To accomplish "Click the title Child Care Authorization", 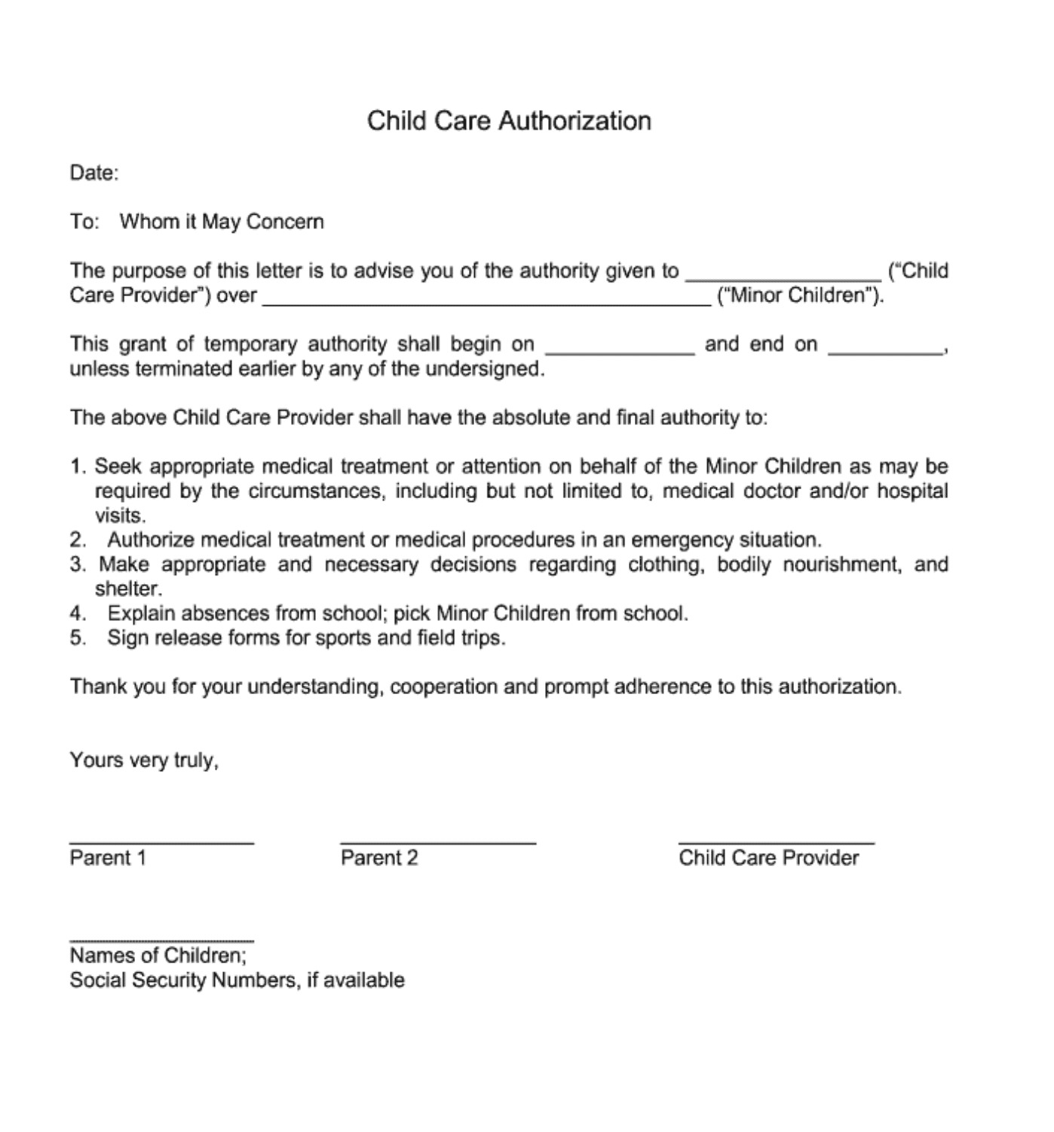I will (x=509, y=121).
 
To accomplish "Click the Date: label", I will (x=94, y=173).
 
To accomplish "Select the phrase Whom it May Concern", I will (x=222, y=222).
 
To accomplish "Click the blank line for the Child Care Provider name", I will (x=783, y=277).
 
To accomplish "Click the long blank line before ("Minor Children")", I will (x=486, y=301).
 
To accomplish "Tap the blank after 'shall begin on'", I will (x=620, y=350).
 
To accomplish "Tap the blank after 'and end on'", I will (x=885, y=350).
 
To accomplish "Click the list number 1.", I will (x=78, y=467).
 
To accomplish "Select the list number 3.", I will (x=78, y=564).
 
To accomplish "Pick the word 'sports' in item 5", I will (x=343, y=638).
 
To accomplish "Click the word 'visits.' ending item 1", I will (x=120, y=516).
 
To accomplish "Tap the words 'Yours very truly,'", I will (x=144, y=760).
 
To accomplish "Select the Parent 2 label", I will (x=379, y=858).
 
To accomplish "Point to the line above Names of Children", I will (x=161, y=940).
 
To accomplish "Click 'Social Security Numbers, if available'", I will (x=237, y=981).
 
